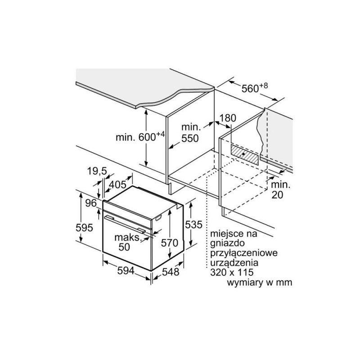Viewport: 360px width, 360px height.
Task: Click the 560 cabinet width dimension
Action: [x=255, y=88]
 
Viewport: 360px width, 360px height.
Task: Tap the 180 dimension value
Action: [x=228, y=118]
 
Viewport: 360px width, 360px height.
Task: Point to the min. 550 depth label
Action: [x=190, y=133]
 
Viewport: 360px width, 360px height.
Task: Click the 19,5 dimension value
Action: [x=97, y=171]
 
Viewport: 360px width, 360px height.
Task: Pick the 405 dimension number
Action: [x=117, y=184]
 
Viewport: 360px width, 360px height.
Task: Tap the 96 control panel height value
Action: [x=91, y=203]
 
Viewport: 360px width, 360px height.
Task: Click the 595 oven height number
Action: [x=84, y=228]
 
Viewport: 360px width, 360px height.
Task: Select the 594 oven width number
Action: [x=126, y=271]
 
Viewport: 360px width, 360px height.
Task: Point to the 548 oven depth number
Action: [x=171, y=272]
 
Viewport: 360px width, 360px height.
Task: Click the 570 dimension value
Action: [x=170, y=243]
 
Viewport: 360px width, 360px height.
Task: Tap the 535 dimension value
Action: [x=194, y=224]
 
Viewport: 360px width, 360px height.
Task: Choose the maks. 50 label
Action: [x=127, y=242]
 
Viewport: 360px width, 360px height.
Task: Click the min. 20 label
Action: [x=280, y=189]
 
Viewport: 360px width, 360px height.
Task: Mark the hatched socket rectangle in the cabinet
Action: [x=244, y=155]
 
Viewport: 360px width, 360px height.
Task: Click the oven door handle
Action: [x=125, y=224]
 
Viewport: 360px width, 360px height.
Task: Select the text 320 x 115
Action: [x=232, y=272]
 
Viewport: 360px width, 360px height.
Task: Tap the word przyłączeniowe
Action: [x=244, y=253]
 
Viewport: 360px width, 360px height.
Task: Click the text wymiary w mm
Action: [x=260, y=283]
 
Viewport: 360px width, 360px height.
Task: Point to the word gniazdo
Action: [x=227, y=243]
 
